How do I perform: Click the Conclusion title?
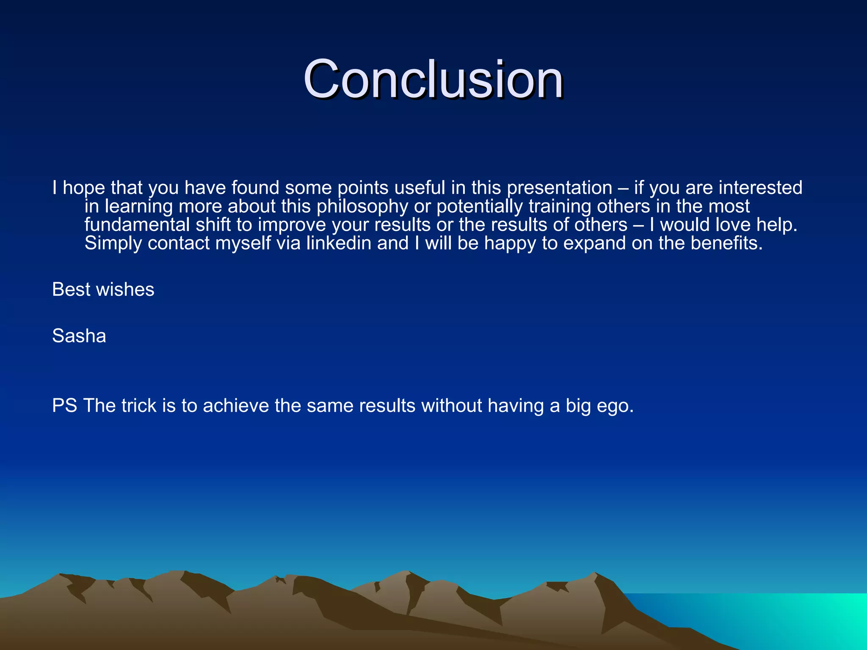point(433,80)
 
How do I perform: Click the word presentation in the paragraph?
point(559,187)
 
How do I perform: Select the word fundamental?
point(137,225)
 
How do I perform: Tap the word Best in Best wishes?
point(71,290)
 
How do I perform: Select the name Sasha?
point(79,336)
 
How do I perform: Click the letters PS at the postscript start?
point(64,406)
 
